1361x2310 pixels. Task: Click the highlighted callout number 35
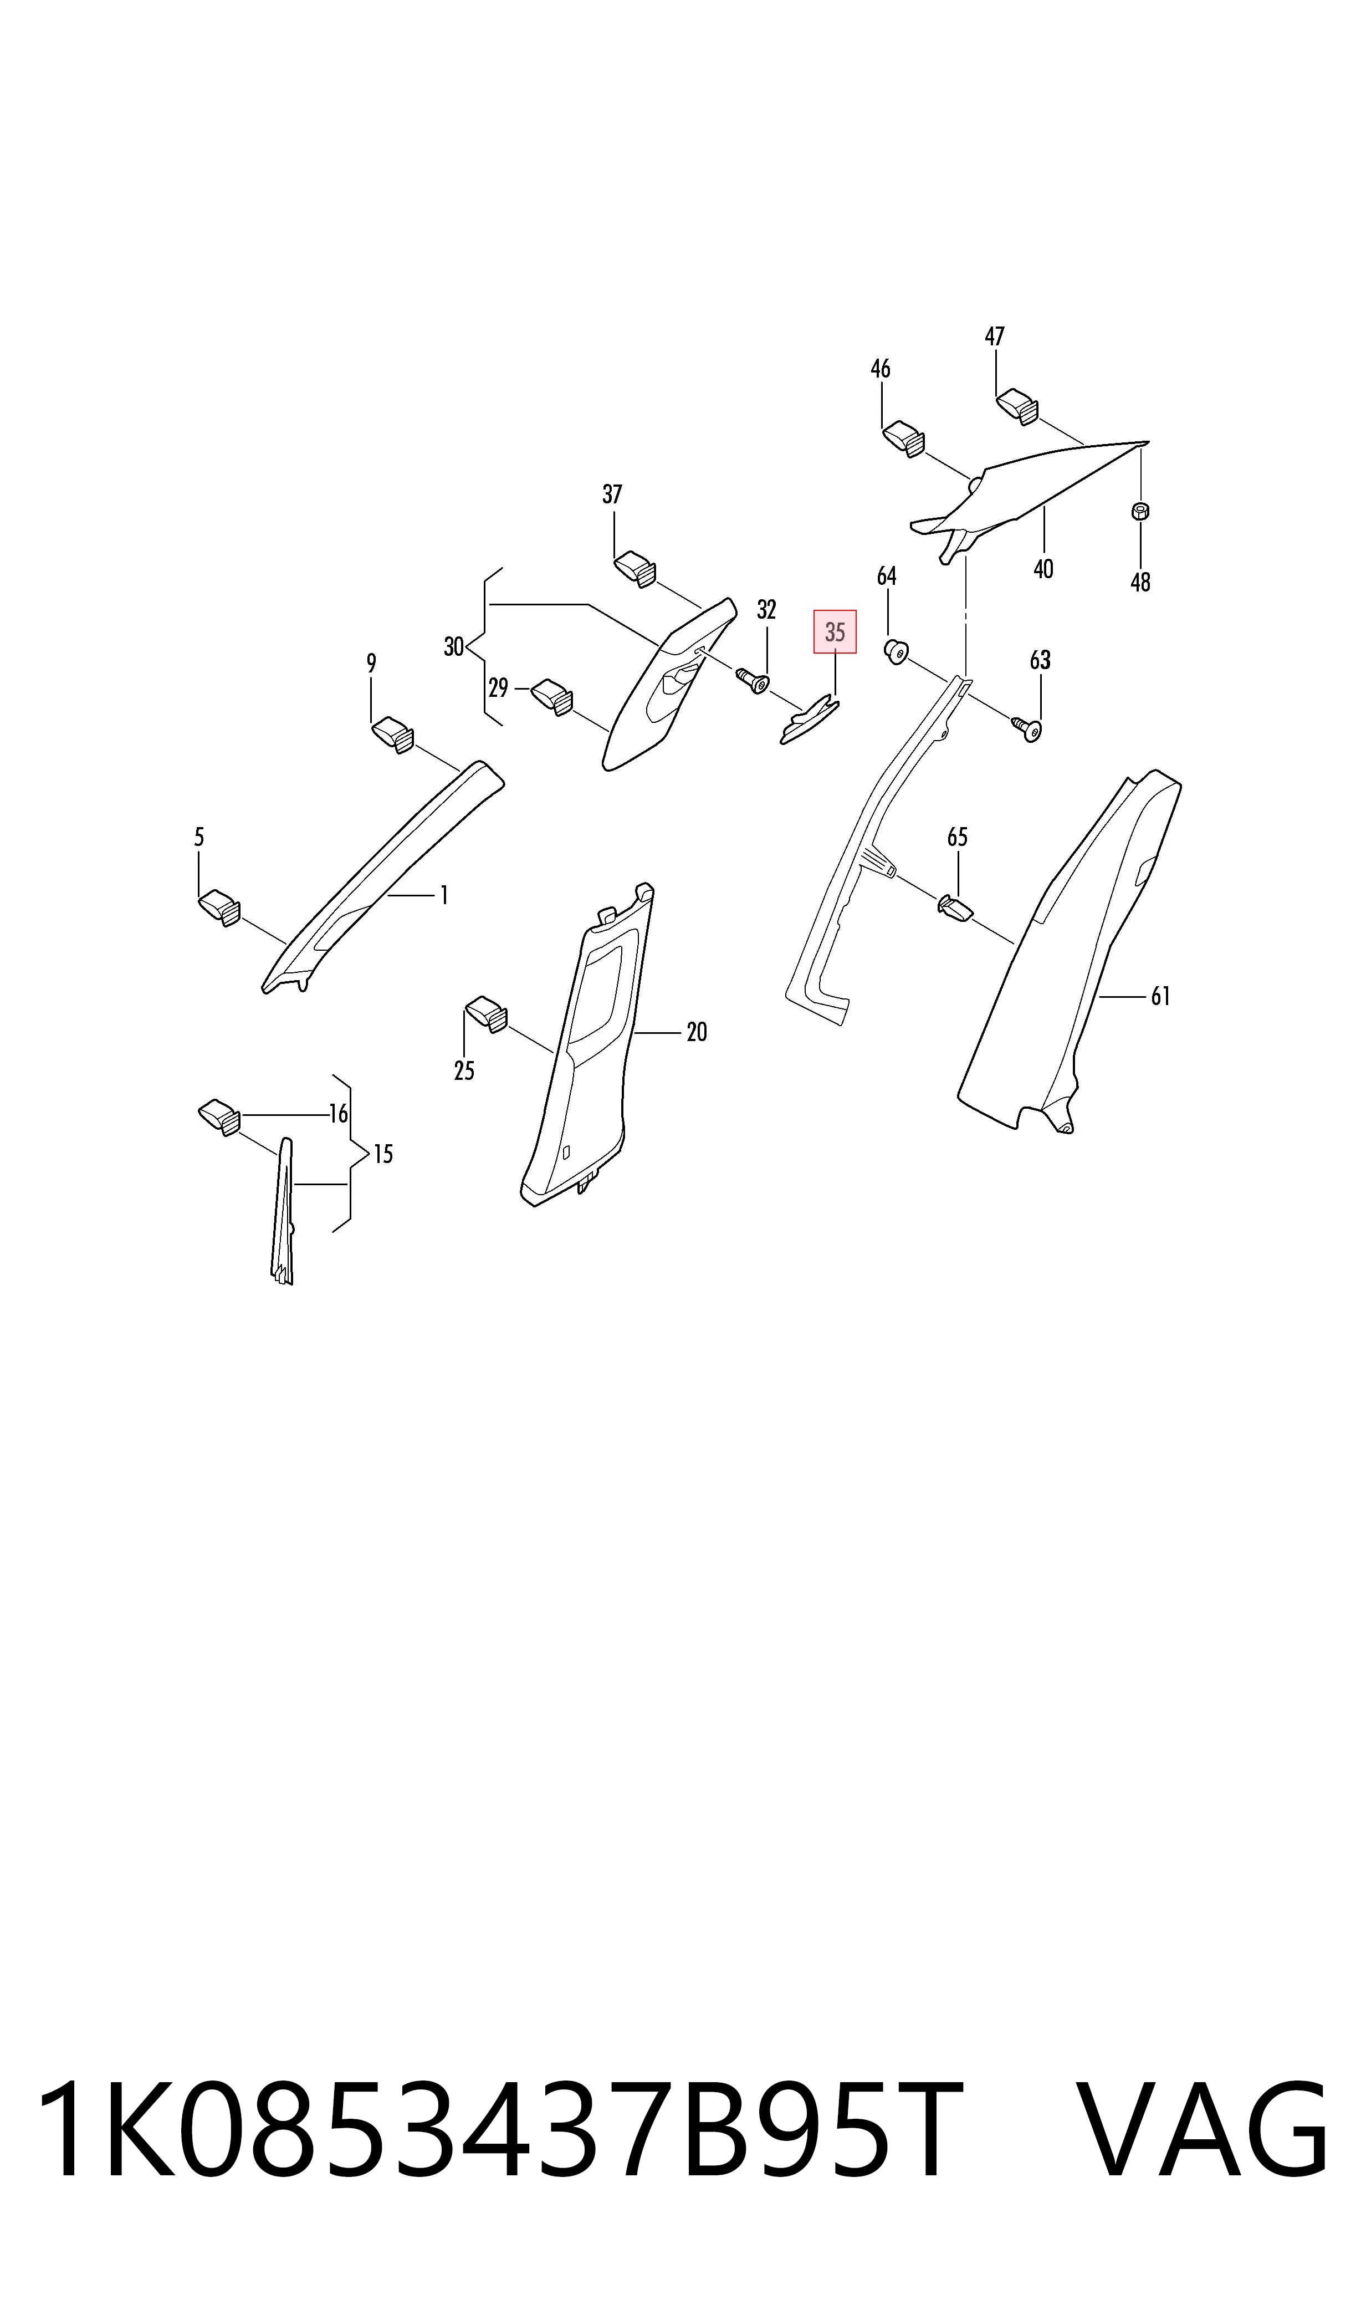click(x=835, y=632)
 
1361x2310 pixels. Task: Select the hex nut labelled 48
click(x=1141, y=511)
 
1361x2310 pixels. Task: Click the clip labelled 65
click(x=955, y=908)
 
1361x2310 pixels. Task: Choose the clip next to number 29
click(x=553, y=695)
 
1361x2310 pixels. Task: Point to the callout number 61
click(x=1160, y=996)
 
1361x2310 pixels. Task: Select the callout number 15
click(x=383, y=1154)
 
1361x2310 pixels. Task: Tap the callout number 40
click(x=1043, y=569)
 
